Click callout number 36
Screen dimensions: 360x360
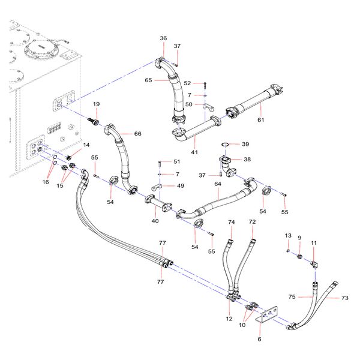pos(163,38)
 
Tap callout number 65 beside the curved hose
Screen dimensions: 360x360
pos(148,80)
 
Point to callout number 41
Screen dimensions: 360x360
pos(193,153)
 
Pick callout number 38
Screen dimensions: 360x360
pos(246,160)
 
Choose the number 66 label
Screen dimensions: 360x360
pos(137,133)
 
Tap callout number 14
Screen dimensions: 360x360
pos(86,145)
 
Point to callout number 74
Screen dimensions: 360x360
pos(232,222)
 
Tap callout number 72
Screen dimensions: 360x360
pos(252,222)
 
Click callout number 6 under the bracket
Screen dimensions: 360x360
pos(259,340)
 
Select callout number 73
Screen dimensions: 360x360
pos(344,298)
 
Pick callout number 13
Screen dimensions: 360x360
pos(288,235)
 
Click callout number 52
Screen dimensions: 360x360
pos(187,83)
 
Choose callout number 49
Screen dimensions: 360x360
pos(181,186)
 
